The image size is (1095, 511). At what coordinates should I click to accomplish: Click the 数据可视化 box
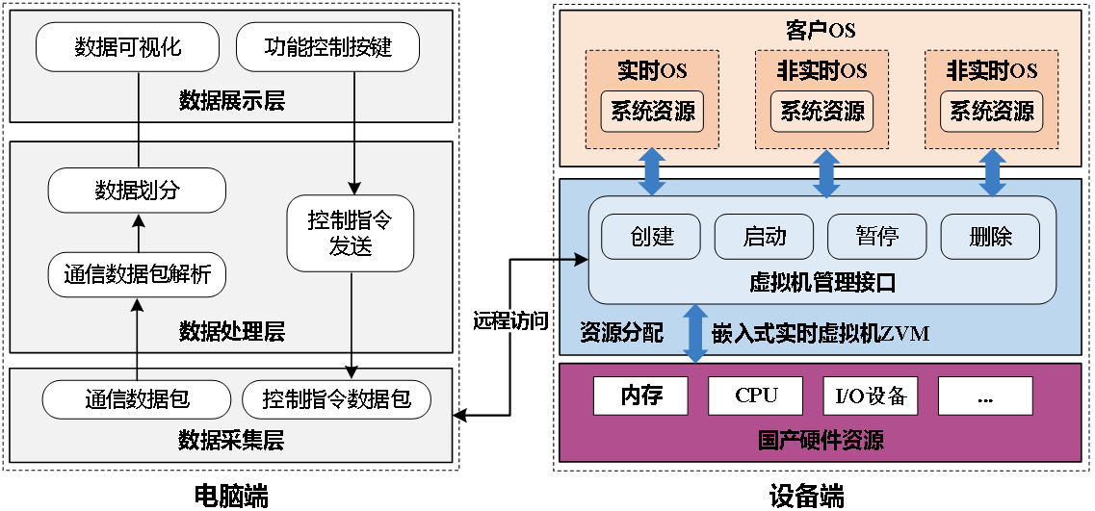pos(128,47)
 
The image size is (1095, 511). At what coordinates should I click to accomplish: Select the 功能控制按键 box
pos(327,47)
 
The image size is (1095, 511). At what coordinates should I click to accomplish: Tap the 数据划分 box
pos(137,191)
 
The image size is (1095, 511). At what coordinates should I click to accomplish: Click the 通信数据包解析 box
pos(137,275)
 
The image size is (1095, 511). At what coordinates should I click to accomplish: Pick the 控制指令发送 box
pos(350,234)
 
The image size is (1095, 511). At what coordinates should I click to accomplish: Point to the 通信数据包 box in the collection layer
pos(137,398)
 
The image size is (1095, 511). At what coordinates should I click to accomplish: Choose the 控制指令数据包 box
pos(336,398)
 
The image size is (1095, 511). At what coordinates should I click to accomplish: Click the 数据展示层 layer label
pos(231,101)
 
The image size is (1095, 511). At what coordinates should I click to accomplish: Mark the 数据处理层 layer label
pos(231,333)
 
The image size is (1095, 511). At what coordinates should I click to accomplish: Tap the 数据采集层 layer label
pos(231,442)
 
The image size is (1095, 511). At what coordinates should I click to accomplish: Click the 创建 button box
pos(652,236)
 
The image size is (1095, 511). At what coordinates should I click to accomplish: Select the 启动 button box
pos(765,236)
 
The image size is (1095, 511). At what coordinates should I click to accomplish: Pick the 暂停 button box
pos(876,236)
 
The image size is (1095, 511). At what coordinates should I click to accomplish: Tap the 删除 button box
pos(990,236)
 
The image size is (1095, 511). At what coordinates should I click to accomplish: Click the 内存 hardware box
pos(641,396)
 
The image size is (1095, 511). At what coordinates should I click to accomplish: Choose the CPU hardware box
pos(756,396)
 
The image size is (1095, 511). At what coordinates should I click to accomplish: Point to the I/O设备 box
pos(871,396)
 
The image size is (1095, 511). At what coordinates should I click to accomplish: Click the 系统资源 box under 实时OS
pos(652,112)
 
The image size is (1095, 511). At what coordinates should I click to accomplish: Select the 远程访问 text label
pos(509,321)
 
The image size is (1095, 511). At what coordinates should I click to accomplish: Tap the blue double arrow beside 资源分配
pos(695,334)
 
